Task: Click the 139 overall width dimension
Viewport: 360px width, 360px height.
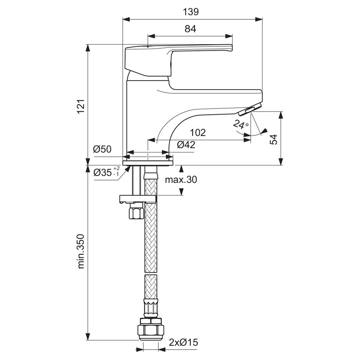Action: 191,12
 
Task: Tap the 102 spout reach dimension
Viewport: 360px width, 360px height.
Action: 198,133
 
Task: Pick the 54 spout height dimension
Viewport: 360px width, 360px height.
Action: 274,139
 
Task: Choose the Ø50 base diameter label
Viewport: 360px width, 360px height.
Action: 103,150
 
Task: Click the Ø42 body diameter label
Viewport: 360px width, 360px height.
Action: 186,145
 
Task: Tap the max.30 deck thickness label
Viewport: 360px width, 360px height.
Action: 181,180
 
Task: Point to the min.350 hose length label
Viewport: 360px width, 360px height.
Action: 82,251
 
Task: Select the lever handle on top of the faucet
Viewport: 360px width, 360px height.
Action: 179,56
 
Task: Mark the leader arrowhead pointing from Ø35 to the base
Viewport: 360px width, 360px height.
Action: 129,169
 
